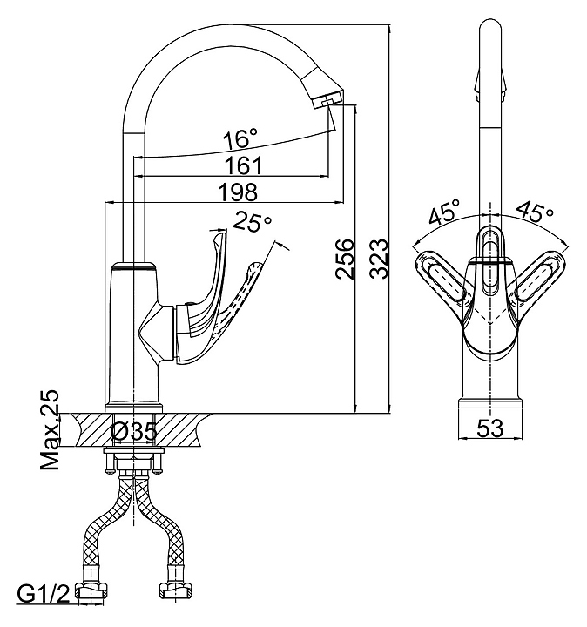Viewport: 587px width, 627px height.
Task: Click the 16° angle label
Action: coord(240,138)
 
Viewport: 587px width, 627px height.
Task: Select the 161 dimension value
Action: coord(243,165)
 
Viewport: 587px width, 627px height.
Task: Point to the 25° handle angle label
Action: coord(253,223)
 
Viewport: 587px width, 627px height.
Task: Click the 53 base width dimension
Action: coord(492,428)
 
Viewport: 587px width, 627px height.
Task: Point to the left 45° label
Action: coord(443,212)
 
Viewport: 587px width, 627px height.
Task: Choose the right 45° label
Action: coord(535,212)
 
